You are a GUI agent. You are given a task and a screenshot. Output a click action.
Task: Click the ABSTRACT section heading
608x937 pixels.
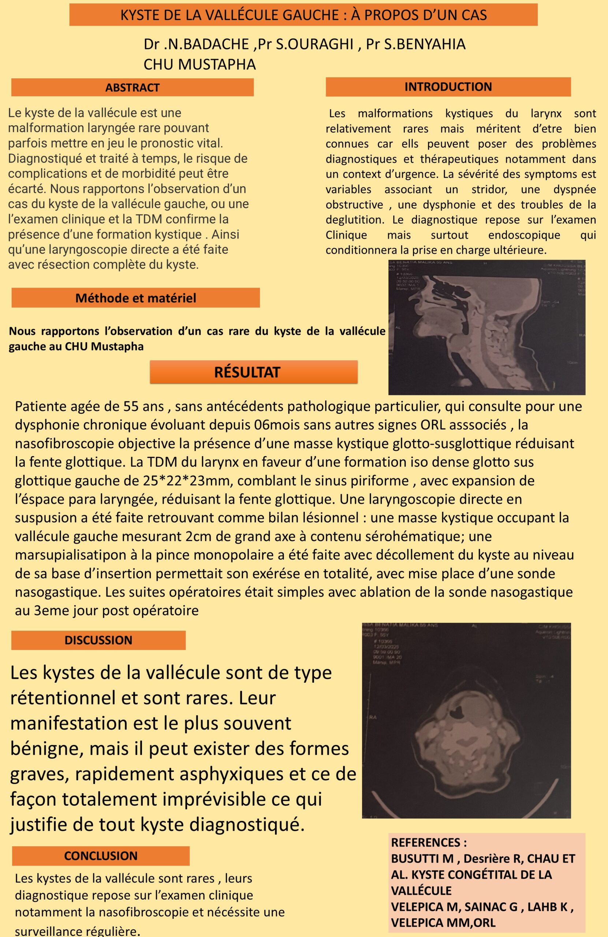point(132,87)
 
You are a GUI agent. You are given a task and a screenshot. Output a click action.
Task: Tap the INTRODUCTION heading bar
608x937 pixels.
point(448,87)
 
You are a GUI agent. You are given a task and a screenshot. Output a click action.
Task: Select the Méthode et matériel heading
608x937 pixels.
point(135,298)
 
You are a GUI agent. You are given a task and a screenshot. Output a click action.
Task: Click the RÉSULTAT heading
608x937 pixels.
point(247,372)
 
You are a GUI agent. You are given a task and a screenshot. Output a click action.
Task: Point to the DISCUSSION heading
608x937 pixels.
point(98,640)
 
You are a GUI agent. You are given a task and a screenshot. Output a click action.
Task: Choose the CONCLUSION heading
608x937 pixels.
point(101,855)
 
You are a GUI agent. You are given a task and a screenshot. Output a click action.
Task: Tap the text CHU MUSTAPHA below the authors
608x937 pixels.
point(199,64)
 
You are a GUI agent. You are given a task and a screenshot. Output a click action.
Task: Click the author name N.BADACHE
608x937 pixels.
point(206,44)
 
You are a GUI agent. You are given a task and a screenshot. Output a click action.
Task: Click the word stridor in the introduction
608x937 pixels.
point(489,189)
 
